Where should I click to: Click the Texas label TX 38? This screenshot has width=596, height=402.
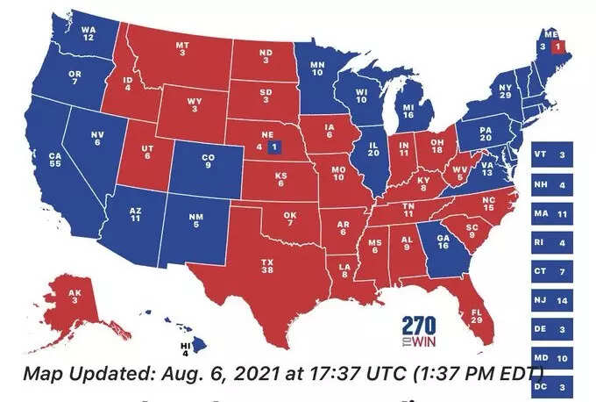tap(268, 267)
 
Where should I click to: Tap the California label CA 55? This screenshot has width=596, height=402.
tap(54, 160)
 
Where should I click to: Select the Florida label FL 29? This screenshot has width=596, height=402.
tap(476, 315)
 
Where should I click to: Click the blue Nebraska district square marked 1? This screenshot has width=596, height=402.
tap(274, 146)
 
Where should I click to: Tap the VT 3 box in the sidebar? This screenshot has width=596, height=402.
tap(551, 155)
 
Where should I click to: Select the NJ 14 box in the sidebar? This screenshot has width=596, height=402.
tap(551, 300)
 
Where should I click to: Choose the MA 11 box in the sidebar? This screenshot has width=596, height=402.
tap(551, 213)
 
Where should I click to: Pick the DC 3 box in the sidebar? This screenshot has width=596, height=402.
tap(551, 385)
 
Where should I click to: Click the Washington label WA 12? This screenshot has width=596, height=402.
tap(89, 33)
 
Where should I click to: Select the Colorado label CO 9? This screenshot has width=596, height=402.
tap(207, 162)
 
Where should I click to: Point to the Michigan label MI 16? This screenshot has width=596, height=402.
tap(408, 110)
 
